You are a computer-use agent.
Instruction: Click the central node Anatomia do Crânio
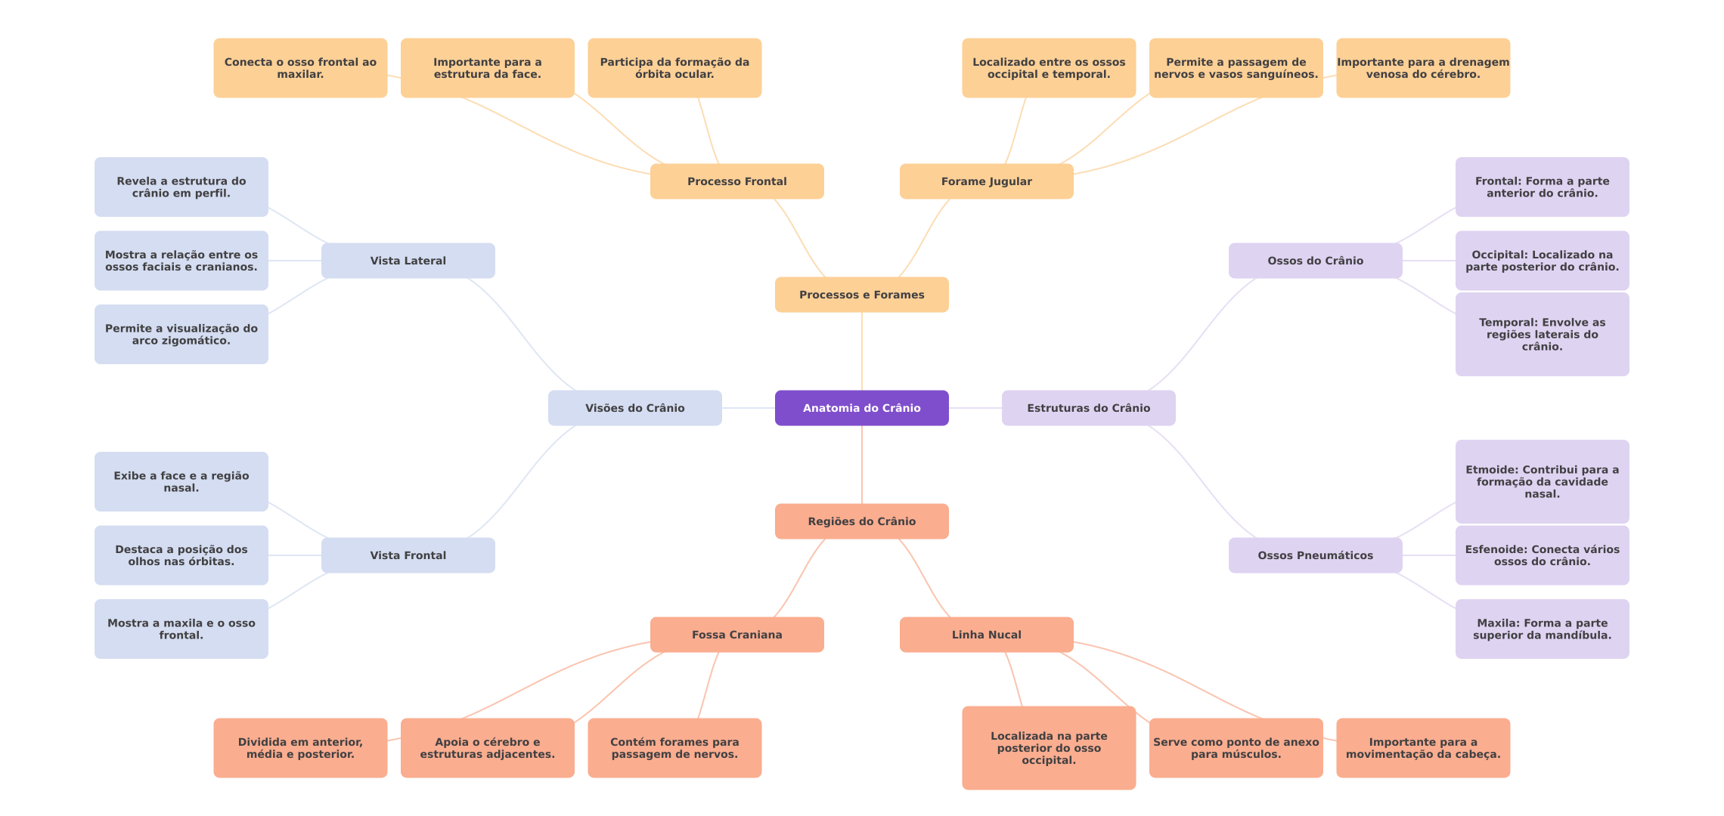coord(861,408)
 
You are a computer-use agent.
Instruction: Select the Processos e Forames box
coord(861,295)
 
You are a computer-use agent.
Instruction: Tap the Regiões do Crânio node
coord(861,521)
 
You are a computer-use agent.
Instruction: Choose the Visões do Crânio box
coord(634,408)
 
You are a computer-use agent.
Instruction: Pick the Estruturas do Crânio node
coord(1088,408)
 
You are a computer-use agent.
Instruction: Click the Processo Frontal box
coord(736,181)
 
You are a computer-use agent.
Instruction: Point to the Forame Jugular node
coord(986,181)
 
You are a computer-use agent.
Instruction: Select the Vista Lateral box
coord(408,261)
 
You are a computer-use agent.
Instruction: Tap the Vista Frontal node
coord(408,555)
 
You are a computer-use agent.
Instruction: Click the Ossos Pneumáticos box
coord(1315,555)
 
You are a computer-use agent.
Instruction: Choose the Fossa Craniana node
coord(736,635)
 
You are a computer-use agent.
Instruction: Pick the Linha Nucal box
coord(986,635)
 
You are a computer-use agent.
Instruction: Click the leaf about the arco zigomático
coord(181,334)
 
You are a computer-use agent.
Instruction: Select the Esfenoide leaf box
coord(1542,555)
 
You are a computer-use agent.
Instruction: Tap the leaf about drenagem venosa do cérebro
coord(1422,68)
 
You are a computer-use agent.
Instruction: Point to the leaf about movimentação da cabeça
coord(1422,748)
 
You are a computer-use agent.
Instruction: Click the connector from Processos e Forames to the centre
coord(862,351)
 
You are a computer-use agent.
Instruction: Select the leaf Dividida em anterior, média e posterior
coord(300,748)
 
